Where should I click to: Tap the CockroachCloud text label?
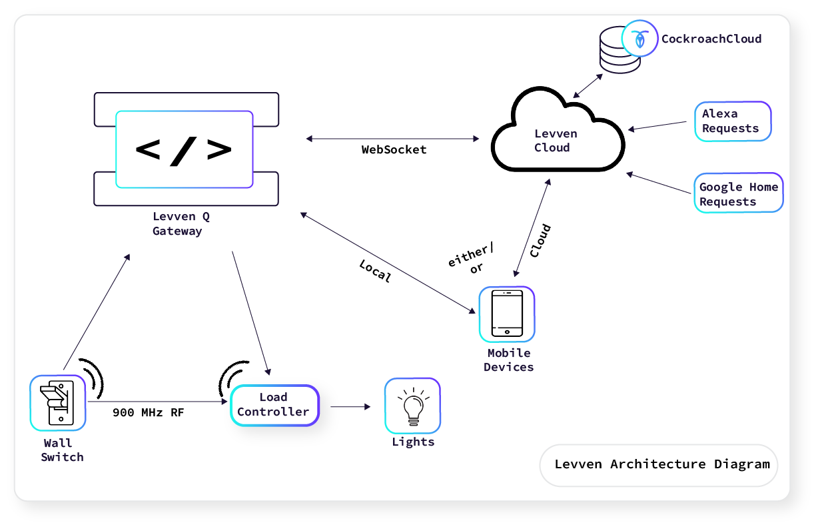click(711, 39)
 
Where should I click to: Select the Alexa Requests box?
click(732, 121)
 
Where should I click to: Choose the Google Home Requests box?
click(738, 193)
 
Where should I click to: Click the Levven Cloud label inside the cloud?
click(556, 141)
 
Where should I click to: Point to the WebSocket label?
click(394, 149)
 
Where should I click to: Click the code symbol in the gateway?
click(184, 149)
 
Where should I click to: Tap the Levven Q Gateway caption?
click(181, 223)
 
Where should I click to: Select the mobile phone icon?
click(506, 314)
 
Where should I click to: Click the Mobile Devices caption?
click(508, 360)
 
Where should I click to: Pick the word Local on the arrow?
click(375, 271)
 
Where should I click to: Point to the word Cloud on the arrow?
click(540, 241)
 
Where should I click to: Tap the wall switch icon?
click(58, 402)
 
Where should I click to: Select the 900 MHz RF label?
click(148, 412)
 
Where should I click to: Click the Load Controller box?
click(274, 405)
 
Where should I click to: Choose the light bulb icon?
click(412, 406)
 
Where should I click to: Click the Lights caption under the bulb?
click(413, 442)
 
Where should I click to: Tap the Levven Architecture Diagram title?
click(662, 464)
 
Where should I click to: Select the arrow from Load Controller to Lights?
click(350, 406)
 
